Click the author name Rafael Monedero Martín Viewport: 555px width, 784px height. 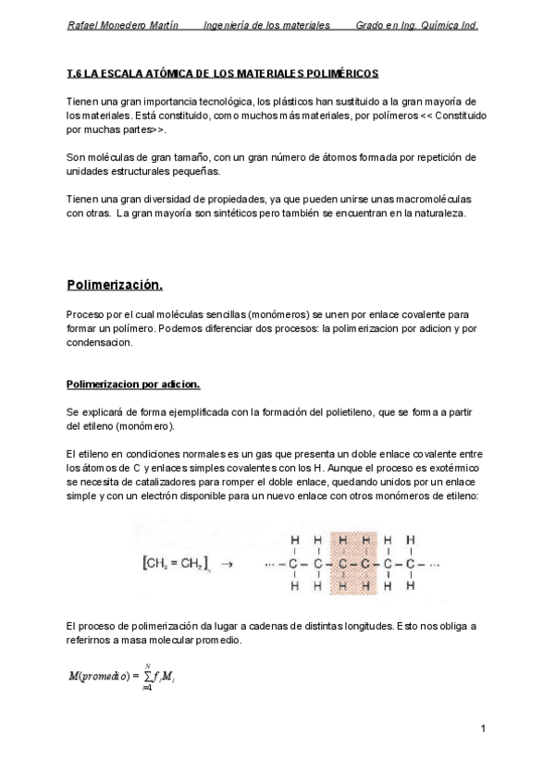(123, 25)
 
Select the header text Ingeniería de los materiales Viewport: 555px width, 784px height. (266, 25)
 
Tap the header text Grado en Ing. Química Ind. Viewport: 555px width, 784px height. (417, 25)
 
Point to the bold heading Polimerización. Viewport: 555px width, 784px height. (115, 283)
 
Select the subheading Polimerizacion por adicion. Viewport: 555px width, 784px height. (133, 383)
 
